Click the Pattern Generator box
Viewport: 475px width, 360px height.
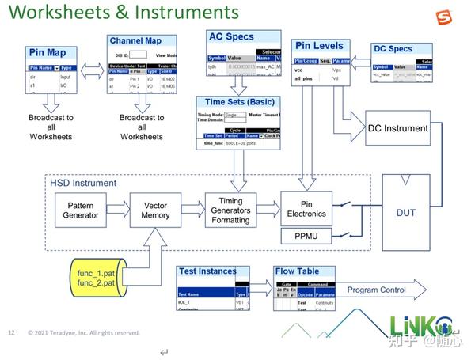[81, 209]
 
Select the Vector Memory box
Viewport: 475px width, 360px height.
[155, 209]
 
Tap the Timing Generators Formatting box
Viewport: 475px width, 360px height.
[231, 210]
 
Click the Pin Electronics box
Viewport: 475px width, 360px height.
[306, 209]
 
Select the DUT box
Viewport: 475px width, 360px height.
[405, 212]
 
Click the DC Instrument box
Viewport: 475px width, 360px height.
[397, 128]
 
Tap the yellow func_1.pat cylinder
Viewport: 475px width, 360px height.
[97, 278]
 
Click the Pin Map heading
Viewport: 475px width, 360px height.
[47, 52]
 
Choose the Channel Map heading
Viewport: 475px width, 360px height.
[135, 40]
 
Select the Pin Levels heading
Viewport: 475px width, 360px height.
[321, 47]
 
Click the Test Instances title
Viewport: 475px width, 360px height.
[208, 271]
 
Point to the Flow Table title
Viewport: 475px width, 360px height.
[297, 271]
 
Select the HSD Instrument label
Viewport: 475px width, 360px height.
[83, 183]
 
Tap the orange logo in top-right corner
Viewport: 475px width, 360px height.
[445, 18]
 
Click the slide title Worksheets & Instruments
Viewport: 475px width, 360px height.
[123, 13]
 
